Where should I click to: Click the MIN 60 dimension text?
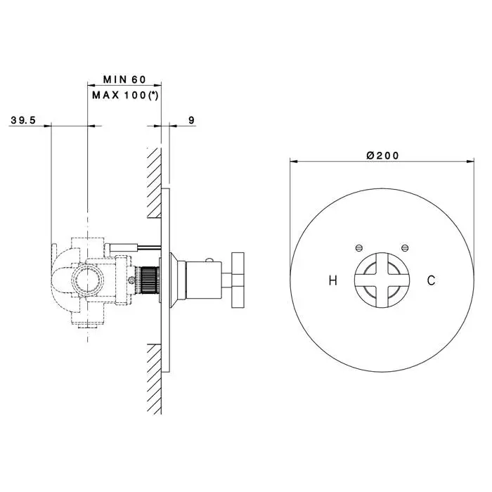(x=124, y=79)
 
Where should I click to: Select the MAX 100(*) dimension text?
(x=125, y=95)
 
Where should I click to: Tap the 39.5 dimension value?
(x=23, y=120)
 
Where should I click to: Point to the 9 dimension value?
(x=191, y=120)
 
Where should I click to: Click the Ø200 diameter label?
(x=382, y=155)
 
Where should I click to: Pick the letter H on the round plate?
(x=333, y=280)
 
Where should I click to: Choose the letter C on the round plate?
(x=431, y=280)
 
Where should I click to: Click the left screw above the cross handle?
(x=359, y=248)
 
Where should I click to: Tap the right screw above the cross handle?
(x=405, y=248)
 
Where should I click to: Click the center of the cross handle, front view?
(x=382, y=280)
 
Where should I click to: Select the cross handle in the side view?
(x=238, y=280)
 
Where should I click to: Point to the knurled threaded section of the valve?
(x=148, y=280)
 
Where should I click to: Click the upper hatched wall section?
(x=154, y=183)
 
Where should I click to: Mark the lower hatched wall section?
(x=154, y=379)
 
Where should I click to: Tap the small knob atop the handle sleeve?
(x=209, y=260)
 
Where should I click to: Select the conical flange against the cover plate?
(x=174, y=280)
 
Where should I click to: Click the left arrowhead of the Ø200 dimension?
(x=294, y=162)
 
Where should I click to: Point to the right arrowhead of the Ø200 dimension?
(x=470, y=162)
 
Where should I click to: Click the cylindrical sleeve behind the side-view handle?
(x=203, y=280)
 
